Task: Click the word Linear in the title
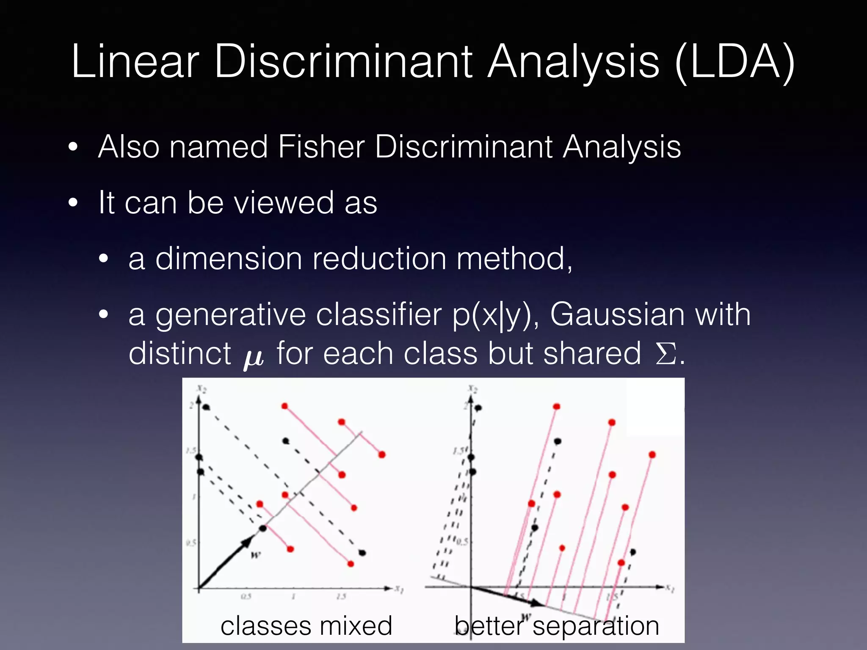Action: [135, 62]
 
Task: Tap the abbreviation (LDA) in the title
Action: [735, 63]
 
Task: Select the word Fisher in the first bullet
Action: [321, 147]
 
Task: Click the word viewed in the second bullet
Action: [284, 203]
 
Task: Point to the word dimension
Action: [229, 259]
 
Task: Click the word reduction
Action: [379, 259]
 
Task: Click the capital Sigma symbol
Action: [666, 354]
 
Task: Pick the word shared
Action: [592, 353]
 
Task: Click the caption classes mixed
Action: [306, 626]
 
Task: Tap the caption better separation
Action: [557, 626]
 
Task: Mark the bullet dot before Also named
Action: [73, 147]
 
